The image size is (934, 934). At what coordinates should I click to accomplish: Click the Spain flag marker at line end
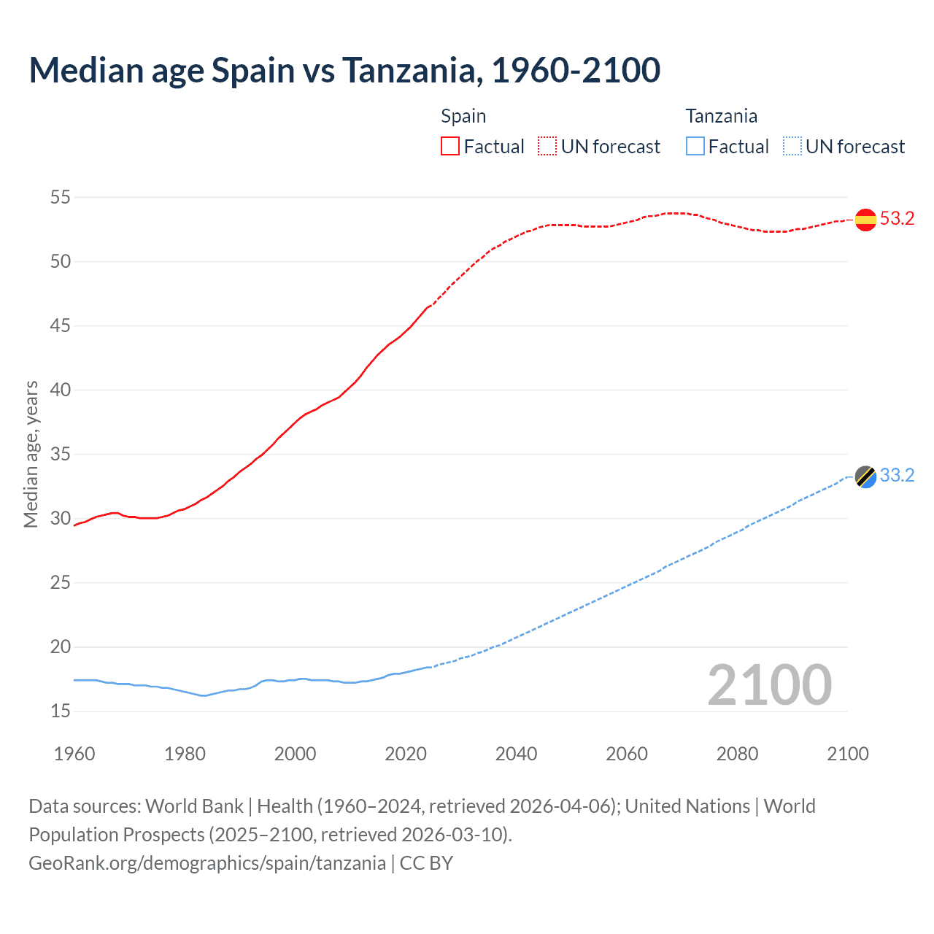(x=865, y=220)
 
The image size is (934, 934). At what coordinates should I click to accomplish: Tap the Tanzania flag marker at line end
(x=865, y=476)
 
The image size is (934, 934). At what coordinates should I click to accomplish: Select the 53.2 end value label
(x=897, y=219)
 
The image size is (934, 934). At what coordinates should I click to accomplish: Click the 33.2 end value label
(x=897, y=476)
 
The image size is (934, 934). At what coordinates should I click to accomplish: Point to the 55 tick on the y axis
(x=61, y=197)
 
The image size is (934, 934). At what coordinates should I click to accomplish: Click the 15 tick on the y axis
(x=61, y=711)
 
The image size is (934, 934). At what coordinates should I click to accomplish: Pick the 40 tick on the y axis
(x=61, y=390)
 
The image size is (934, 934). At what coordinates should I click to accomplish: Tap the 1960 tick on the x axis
(x=74, y=754)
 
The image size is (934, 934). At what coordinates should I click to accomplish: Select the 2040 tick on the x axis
(x=516, y=754)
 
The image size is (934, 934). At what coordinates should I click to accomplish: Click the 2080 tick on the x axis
(x=737, y=754)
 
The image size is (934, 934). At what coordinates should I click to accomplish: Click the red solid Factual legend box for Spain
(x=450, y=147)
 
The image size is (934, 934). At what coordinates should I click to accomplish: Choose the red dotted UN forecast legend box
(x=547, y=147)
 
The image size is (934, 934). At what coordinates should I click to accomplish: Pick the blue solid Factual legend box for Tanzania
(x=695, y=147)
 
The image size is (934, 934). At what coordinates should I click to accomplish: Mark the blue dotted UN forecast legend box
(x=792, y=147)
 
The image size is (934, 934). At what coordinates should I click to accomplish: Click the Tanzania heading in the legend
(x=721, y=116)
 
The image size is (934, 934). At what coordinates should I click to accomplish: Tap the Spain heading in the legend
(x=463, y=116)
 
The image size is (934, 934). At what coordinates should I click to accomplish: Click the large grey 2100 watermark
(x=769, y=685)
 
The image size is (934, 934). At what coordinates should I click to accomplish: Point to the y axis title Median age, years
(x=31, y=454)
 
